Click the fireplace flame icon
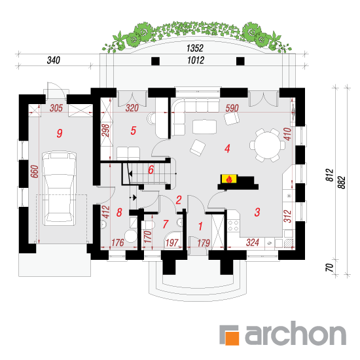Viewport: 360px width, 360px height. pyautogui.click(x=229, y=179)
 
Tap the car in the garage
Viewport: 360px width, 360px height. pyautogui.click(x=59, y=189)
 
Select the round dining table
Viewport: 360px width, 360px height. pyautogui.click(x=268, y=145)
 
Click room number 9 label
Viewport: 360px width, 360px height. pyautogui.click(x=60, y=133)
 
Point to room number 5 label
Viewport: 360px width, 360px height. pyautogui.click(x=134, y=130)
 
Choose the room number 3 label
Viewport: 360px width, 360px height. pyautogui.click(x=257, y=212)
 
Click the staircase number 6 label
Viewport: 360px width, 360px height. pyautogui.click(x=151, y=170)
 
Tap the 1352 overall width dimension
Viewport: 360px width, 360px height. pyautogui.click(x=195, y=48)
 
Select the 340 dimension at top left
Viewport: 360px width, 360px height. pyautogui.click(x=54, y=60)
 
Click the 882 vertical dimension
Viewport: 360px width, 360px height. pyautogui.click(x=342, y=183)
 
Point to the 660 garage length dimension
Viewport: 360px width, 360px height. pyautogui.click(x=35, y=171)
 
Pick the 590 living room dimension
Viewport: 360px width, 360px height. pyautogui.click(x=232, y=108)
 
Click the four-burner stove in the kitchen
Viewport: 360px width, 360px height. pyautogui.click(x=233, y=225)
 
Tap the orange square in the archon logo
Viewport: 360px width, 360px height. pyautogui.click(x=232, y=338)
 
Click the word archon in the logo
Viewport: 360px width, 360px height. pyautogui.click(x=296, y=333)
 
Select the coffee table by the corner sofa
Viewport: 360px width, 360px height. pyautogui.click(x=204, y=127)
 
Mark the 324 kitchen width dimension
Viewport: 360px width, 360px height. pyautogui.click(x=253, y=242)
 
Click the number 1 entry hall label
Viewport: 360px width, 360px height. pyautogui.click(x=200, y=226)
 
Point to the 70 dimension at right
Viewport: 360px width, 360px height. pyautogui.click(x=330, y=268)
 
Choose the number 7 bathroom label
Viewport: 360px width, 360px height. pyautogui.click(x=166, y=224)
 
